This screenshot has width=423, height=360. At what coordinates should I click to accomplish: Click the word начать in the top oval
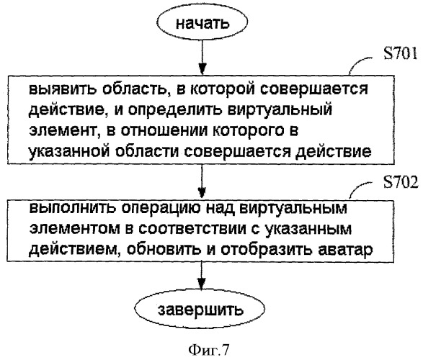[202, 24]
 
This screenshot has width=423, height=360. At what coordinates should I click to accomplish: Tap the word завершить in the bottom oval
[200, 310]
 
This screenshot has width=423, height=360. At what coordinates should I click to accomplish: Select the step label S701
[401, 53]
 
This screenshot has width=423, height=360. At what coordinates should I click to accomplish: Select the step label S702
[401, 182]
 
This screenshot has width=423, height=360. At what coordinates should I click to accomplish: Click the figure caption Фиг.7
[208, 350]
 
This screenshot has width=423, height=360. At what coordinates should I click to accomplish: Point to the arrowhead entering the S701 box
[202, 69]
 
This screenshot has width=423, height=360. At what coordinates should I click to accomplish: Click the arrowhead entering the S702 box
[202, 193]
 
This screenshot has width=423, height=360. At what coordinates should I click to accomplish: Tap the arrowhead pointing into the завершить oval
[201, 284]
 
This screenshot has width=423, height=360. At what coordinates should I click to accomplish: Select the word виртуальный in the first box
[280, 110]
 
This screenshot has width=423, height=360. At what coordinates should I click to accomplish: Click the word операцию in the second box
[161, 208]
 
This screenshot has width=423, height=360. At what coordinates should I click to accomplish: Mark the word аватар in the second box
[346, 250]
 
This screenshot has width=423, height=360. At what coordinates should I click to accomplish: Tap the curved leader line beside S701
[361, 63]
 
